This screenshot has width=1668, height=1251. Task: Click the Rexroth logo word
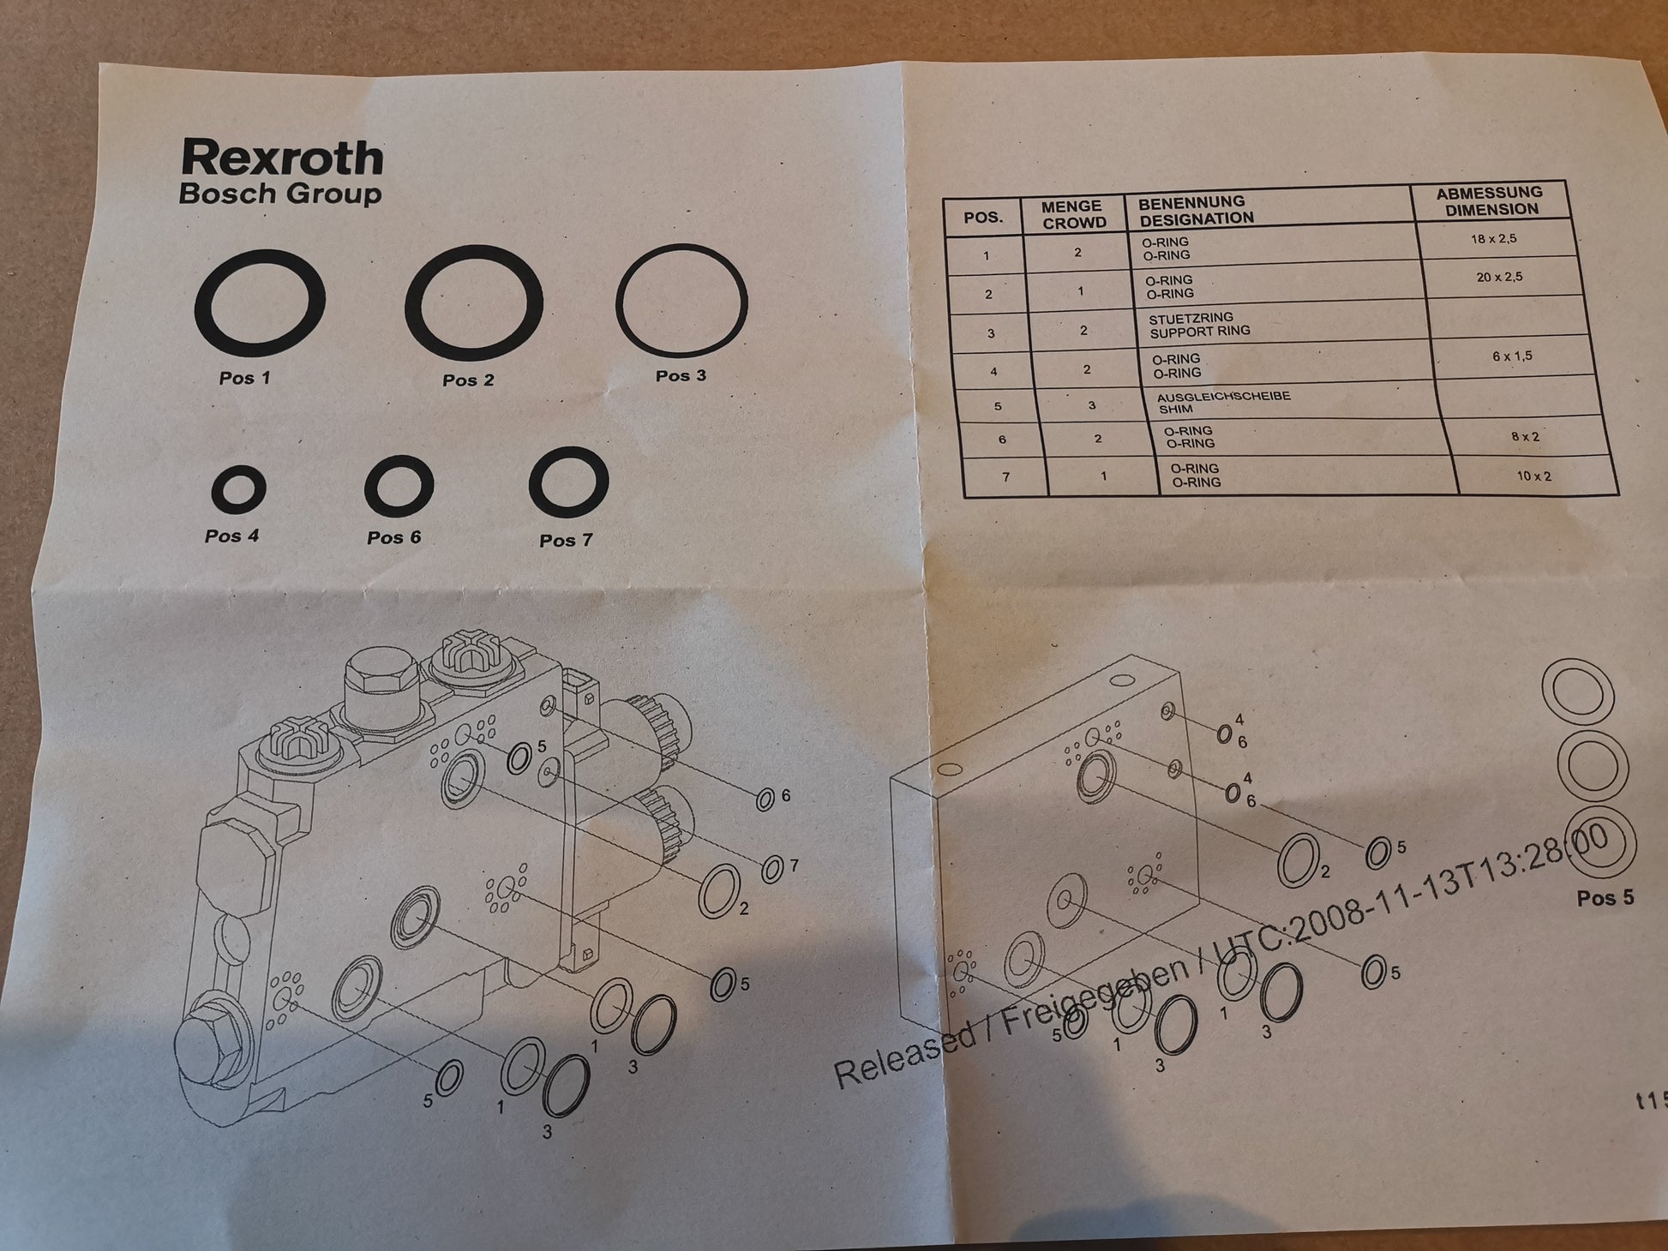[282, 159]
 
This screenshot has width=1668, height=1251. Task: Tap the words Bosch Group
[280, 194]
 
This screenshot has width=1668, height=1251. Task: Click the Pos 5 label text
[1605, 898]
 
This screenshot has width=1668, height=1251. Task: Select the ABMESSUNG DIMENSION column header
[1490, 201]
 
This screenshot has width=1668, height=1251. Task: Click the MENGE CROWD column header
[1072, 214]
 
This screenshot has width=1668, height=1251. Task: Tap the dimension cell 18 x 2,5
[1494, 239]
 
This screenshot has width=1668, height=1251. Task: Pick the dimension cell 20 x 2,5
[1499, 278]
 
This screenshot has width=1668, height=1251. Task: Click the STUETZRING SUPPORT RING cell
[1199, 325]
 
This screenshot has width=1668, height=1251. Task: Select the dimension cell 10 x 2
[1534, 476]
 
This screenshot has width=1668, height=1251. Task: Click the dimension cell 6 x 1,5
[1512, 356]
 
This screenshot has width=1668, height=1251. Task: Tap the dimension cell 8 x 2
[1526, 437]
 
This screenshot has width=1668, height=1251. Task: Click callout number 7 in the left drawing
[794, 865]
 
